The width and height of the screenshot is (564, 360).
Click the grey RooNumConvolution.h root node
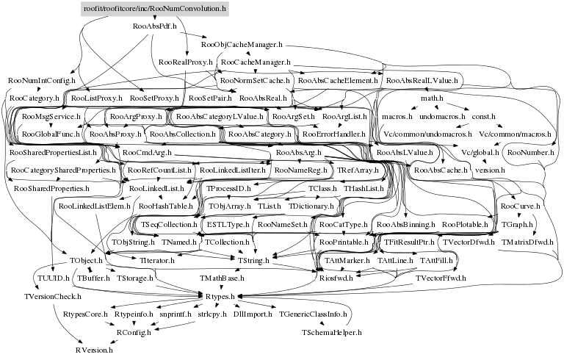click(153, 8)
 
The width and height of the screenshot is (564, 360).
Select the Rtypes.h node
click(217, 296)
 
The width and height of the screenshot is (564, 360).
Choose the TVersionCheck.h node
click(50, 296)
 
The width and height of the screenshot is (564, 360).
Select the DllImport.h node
click(250, 314)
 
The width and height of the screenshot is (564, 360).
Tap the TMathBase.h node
click(223, 278)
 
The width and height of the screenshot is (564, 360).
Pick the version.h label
click(490, 170)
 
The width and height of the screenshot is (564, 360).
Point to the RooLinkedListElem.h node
click(90, 206)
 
